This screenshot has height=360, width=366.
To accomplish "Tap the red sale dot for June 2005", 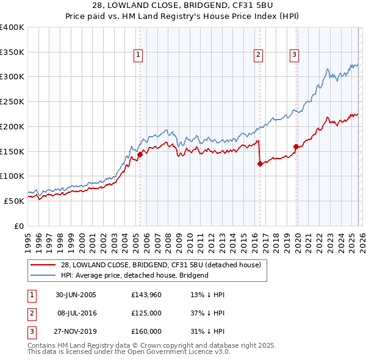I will (140, 154).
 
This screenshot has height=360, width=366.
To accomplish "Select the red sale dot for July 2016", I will (260, 164).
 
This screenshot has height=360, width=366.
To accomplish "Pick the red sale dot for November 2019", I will (296, 146).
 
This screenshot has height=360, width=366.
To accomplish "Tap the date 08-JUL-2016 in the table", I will (76, 313).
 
